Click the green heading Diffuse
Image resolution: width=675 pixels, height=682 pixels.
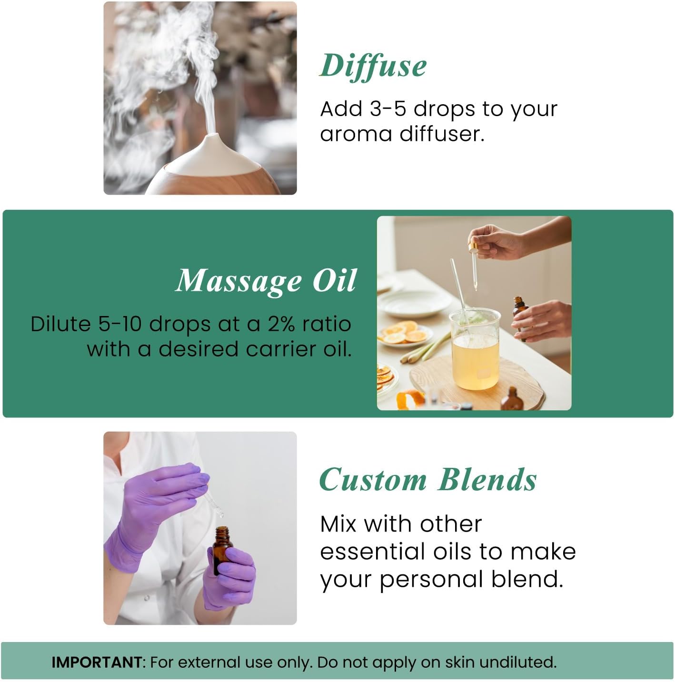point(373,66)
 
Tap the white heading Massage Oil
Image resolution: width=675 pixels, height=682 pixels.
point(266,281)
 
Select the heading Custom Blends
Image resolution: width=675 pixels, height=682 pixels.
point(427,480)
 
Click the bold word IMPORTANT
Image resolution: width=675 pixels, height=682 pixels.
point(96,662)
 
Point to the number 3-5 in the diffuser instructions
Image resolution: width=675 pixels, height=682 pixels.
point(387,109)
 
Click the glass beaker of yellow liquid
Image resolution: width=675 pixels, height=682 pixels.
point(475,350)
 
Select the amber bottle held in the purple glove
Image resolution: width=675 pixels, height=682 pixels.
point(223,547)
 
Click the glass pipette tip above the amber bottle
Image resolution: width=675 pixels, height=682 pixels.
point(220,514)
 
